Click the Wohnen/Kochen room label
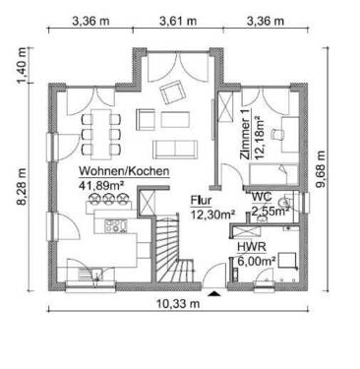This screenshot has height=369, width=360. tap(124, 171)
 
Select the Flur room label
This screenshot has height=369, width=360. tap(202, 198)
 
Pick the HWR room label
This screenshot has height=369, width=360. tap(250, 247)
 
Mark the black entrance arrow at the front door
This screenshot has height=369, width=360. tap(214, 291)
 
